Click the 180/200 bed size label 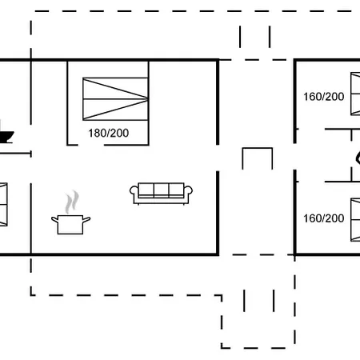pos(109,133)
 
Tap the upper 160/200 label pos(324,97)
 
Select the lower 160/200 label pos(324,218)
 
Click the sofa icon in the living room pos(161,194)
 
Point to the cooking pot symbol pos(70,225)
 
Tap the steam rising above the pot pos(72,202)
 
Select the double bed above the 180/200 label pos(115,99)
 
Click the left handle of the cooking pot pos(55,220)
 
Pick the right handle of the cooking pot pos(86,220)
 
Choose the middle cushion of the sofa pos(161,190)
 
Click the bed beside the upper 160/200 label pos(355,94)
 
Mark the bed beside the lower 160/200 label pos(355,220)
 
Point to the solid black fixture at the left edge pos(6,136)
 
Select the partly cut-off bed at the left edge pos(3,205)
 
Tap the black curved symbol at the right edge pos(358,158)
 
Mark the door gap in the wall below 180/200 pos(90,145)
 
